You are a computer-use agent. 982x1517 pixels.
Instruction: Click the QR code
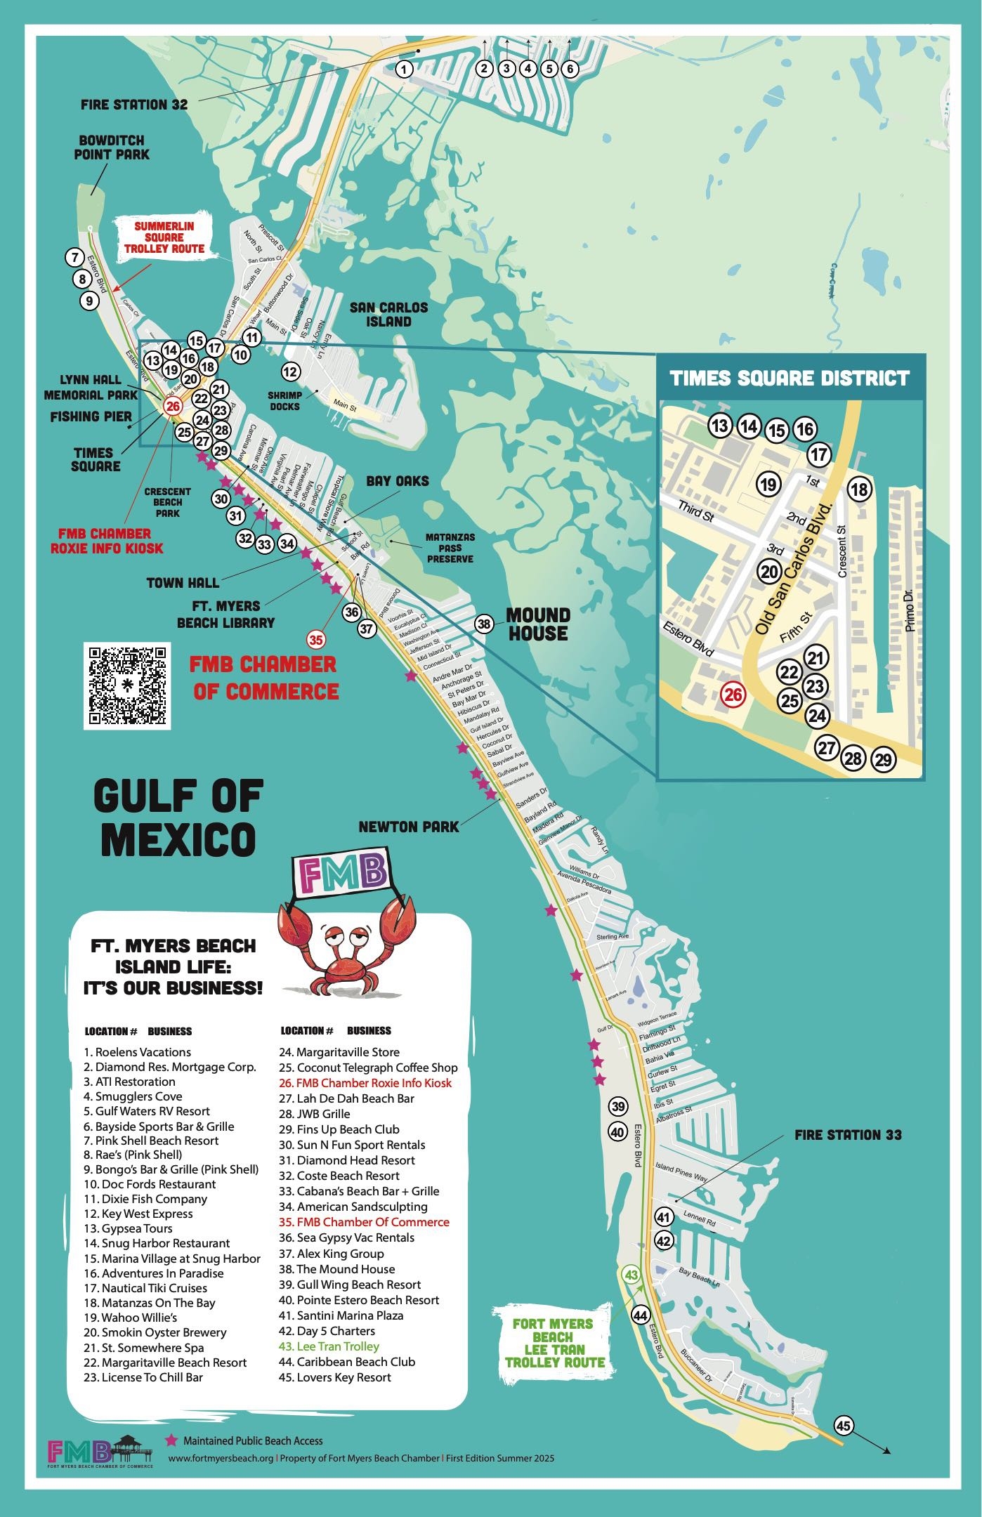126,685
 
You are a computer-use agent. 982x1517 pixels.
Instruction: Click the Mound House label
539,624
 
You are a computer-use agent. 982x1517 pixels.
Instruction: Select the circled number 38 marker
483,624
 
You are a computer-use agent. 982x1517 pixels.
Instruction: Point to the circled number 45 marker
844,1425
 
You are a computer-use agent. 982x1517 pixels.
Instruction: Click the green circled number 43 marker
631,1275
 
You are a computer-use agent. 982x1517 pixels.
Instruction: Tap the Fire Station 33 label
848,1134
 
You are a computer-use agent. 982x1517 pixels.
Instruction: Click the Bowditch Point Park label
112,147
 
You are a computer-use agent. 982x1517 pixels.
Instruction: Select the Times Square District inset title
790,379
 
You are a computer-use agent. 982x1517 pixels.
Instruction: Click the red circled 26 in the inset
733,695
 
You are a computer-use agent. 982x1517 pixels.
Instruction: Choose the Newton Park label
408,827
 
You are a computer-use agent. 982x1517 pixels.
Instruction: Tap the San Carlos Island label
388,314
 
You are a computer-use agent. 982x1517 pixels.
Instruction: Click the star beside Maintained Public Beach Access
171,1440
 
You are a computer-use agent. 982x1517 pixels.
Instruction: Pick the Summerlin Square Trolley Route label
164,237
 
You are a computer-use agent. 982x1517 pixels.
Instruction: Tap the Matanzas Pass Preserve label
450,548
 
